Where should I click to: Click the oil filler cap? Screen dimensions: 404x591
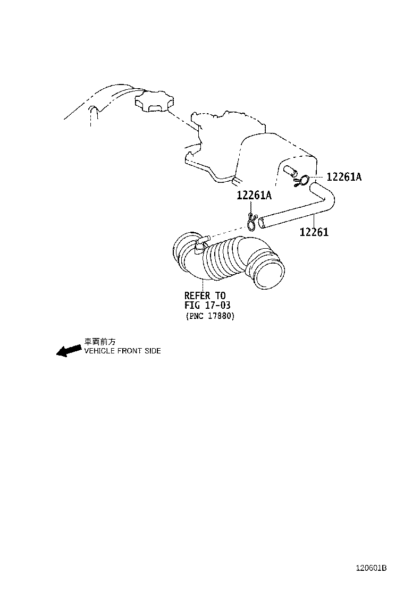tap(154, 100)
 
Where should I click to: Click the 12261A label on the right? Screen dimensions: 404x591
tap(344, 177)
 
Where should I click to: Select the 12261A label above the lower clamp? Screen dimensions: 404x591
tap(254, 195)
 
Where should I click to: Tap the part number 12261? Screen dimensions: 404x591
tap(314, 232)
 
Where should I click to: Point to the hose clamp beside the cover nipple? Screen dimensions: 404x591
tap(302, 181)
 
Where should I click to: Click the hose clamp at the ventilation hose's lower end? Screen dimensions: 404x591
tap(252, 221)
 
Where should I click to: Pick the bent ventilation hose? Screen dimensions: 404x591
tap(298, 207)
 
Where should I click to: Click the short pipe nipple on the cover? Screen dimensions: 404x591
tap(290, 171)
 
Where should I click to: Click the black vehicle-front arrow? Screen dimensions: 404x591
tap(69, 351)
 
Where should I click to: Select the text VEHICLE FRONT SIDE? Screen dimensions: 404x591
tap(122, 351)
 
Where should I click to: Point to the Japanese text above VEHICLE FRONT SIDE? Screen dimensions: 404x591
tap(100, 342)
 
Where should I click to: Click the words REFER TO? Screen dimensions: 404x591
tap(205, 295)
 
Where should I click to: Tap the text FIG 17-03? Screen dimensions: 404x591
tap(207, 305)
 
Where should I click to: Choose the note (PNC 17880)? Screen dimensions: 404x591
tap(210, 316)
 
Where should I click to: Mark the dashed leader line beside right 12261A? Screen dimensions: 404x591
tap(318, 177)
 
